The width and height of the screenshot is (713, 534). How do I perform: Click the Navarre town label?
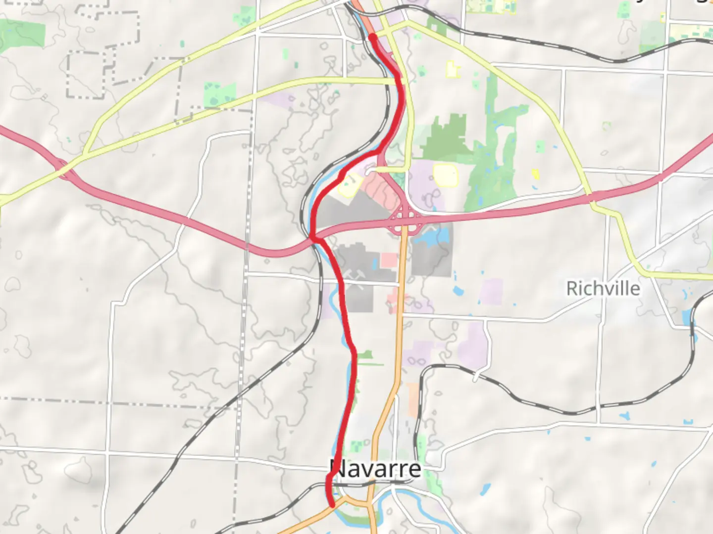(x=376, y=469)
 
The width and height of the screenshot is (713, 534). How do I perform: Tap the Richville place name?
(x=603, y=288)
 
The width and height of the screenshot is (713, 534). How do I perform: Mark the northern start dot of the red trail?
(x=372, y=37)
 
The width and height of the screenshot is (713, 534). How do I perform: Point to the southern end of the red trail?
(x=331, y=504)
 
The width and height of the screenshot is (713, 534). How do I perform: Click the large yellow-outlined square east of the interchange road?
(x=445, y=176)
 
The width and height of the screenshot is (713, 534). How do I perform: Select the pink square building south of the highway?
(x=389, y=261)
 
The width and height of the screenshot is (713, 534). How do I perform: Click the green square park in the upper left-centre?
(x=219, y=94)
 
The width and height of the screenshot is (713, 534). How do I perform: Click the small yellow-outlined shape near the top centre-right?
(x=452, y=69)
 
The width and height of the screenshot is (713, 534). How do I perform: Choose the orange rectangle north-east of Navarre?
(x=412, y=400)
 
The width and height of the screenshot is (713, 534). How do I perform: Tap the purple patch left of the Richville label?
(x=491, y=291)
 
